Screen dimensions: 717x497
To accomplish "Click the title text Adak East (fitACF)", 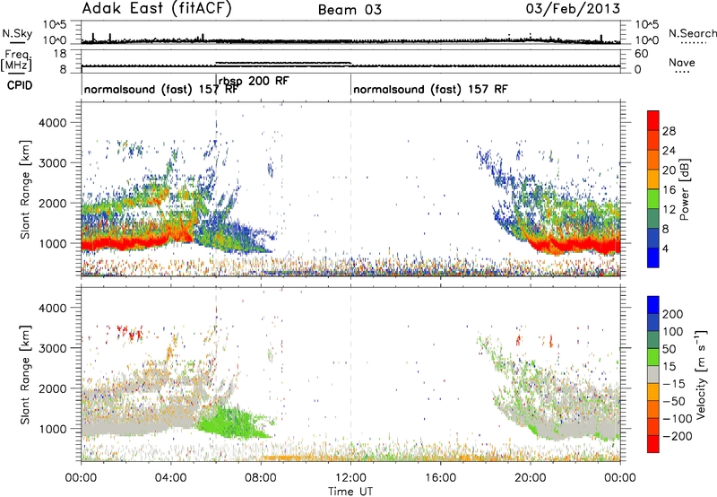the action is click(157, 8).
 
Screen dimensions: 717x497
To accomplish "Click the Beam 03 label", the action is click(350, 10).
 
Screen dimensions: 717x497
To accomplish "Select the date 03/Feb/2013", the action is click(573, 8).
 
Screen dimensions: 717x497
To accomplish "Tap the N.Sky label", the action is click(17, 33).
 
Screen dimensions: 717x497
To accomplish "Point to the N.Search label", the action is click(692, 33).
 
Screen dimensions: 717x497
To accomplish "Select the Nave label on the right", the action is click(682, 62).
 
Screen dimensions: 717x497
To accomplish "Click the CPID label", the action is click(20, 85).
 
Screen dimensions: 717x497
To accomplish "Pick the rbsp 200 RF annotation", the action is click(254, 81).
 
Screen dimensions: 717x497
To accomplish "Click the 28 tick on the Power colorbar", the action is click(669, 131).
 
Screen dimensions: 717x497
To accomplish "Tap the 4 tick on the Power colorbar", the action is click(665, 249).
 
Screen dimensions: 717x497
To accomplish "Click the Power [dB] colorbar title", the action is click(685, 189).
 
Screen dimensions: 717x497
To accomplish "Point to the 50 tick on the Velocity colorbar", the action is click(669, 349).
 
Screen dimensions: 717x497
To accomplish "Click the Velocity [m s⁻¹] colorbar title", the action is click(702, 374).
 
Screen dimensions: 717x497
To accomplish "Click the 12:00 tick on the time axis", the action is click(350, 478).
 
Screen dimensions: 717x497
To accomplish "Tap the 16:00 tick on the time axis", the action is click(440, 478).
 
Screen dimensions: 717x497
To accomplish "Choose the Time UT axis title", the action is click(350, 492).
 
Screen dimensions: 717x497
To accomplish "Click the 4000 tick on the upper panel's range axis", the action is click(52, 123).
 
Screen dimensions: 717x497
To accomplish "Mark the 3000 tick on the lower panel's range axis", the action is click(52, 348).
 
